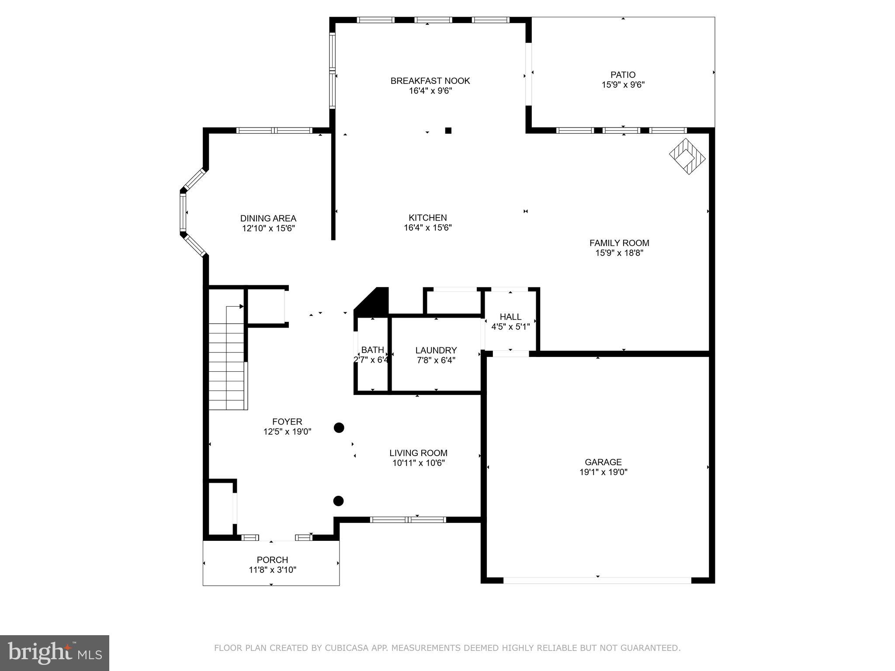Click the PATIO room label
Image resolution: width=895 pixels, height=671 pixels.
click(x=623, y=75)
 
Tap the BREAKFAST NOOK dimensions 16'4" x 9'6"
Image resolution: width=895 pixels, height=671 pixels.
click(x=430, y=91)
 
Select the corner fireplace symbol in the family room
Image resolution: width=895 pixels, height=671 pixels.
click(x=687, y=156)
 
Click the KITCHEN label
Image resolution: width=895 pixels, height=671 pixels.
click(x=427, y=218)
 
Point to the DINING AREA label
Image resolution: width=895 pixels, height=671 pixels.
click(x=268, y=218)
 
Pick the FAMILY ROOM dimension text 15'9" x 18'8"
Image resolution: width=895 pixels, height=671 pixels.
click(x=619, y=253)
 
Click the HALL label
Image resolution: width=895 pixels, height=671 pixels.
click(x=510, y=317)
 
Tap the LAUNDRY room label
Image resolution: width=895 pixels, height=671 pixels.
click(x=436, y=350)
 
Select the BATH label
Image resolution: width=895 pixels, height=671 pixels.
click(x=372, y=350)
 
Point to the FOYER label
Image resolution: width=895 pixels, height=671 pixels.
click(x=287, y=422)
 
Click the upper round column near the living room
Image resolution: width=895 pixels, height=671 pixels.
click(x=339, y=428)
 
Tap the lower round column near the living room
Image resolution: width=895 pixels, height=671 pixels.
click(x=338, y=501)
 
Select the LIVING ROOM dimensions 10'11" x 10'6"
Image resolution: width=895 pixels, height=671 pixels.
click(x=418, y=463)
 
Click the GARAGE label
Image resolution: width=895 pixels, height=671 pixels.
click(x=603, y=462)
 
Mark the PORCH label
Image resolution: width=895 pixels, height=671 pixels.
click(x=272, y=560)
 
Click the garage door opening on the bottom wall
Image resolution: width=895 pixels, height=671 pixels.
click(x=597, y=580)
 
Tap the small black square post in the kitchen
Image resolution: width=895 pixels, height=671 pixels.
click(x=448, y=130)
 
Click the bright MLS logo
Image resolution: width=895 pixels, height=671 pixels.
click(x=54, y=653)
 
